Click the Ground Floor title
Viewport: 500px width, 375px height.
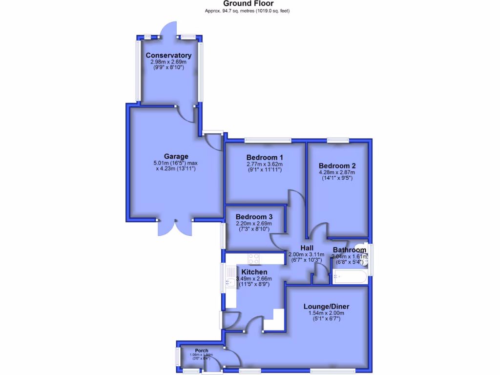250,3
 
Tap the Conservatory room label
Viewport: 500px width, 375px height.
168,55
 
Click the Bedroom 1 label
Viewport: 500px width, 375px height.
265,157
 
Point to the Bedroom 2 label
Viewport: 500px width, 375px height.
337,165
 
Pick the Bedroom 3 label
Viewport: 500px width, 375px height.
254,217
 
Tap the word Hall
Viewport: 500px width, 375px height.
307,248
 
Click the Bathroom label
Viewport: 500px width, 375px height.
350,250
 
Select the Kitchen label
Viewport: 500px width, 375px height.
254,272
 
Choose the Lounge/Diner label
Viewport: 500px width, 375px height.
327,306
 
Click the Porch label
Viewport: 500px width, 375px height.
202,351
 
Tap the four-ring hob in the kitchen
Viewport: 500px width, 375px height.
254,258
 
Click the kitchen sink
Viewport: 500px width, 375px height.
230,282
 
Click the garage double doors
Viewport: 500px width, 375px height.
174,227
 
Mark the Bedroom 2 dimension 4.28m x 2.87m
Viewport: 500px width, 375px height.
337,172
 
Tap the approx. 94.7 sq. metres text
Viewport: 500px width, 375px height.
250,11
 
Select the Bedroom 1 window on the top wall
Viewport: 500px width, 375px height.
268,141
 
